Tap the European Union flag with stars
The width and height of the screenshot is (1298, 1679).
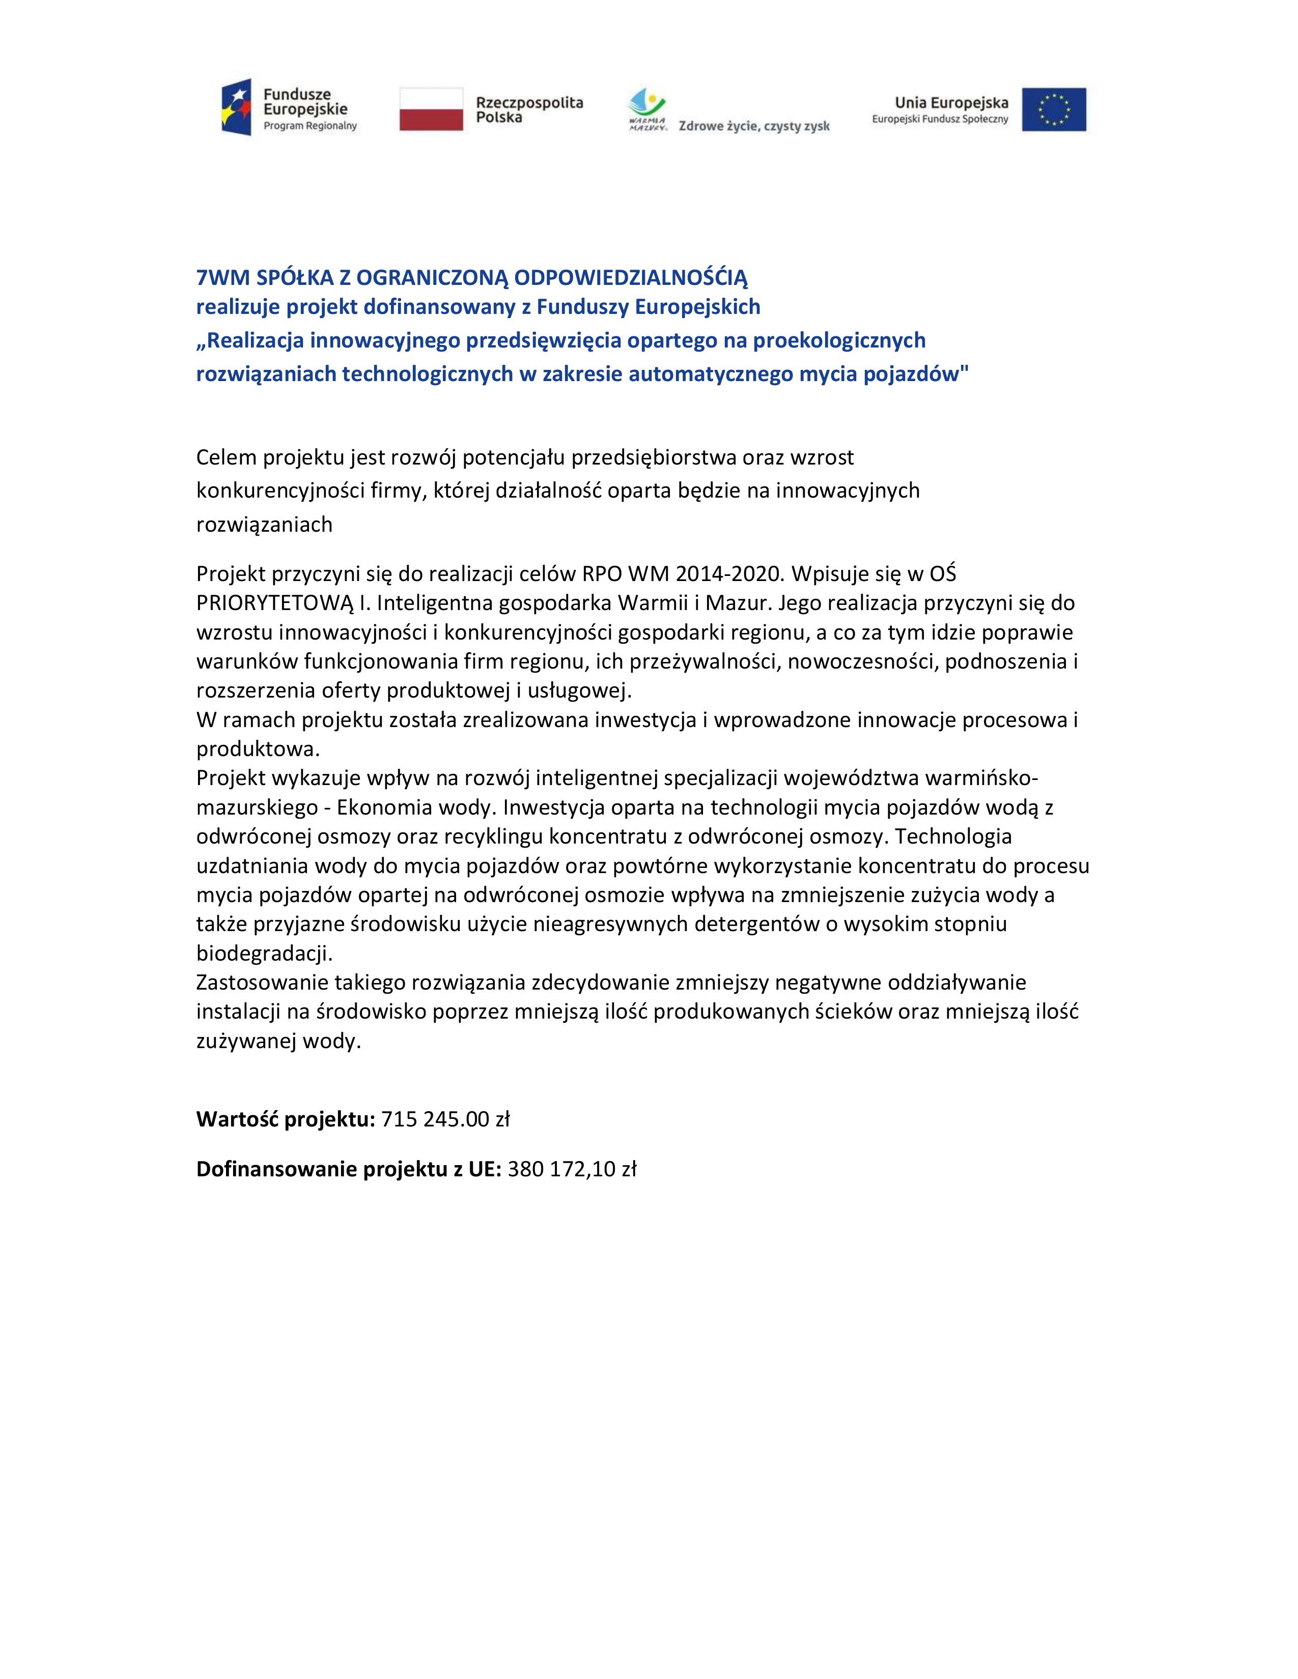pos(1054,109)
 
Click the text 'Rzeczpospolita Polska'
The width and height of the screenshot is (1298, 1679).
pos(529,109)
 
